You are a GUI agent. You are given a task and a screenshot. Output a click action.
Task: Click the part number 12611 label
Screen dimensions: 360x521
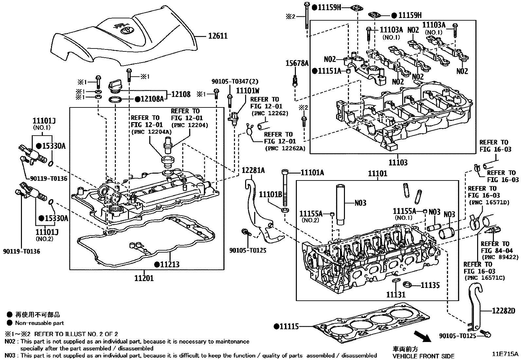point(218,36)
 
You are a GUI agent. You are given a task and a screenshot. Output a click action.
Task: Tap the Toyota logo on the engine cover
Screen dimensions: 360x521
point(125,30)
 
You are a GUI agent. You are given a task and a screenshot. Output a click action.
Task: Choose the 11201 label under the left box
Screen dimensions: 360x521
point(144,278)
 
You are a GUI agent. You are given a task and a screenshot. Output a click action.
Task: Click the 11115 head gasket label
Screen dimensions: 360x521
point(289,326)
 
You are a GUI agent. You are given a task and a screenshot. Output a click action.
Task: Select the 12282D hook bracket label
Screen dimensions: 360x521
point(503,311)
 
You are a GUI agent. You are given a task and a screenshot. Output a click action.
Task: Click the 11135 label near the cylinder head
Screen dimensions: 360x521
point(430,285)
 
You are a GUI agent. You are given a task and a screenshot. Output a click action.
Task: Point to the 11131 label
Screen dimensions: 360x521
point(396,294)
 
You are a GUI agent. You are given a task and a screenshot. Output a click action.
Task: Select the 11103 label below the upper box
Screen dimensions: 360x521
point(398,162)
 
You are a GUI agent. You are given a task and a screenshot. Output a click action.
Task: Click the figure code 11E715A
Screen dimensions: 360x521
point(505,354)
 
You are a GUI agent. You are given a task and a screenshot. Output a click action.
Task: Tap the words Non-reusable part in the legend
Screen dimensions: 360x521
point(40,323)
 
